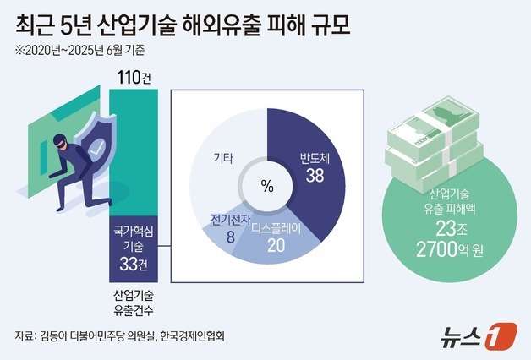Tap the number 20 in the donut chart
tap(276, 246)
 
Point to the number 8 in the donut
tap(230, 238)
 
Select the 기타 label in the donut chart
tap(222, 158)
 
